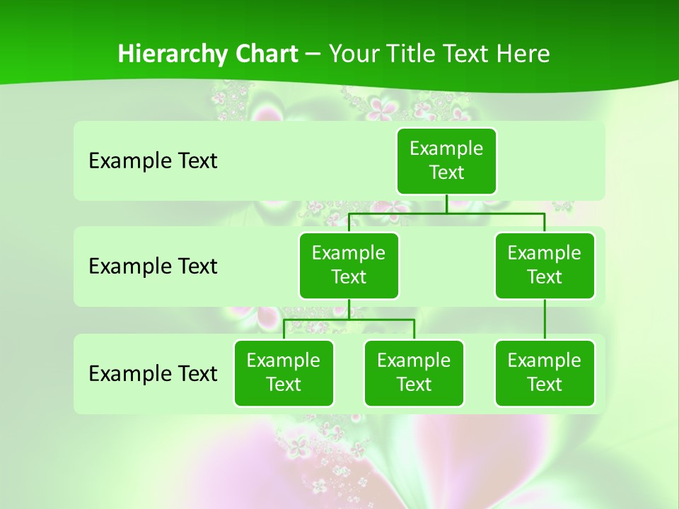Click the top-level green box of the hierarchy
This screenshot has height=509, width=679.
446,161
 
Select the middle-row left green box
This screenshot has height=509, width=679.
349,266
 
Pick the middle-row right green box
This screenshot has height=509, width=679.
545,266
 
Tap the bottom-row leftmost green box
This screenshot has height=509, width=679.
284,373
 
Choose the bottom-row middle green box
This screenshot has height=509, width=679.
414,373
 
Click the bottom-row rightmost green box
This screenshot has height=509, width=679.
545,373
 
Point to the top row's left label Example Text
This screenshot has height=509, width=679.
153,161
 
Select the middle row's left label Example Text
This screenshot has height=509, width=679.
153,267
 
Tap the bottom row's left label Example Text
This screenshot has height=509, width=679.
153,373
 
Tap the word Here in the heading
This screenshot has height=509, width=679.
524,54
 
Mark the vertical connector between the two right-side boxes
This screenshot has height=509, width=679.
545,320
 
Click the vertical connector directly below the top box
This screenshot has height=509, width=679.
446,204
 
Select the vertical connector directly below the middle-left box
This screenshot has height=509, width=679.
349,309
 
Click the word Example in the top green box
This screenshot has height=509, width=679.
446,148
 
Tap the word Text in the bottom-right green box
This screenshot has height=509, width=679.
545,385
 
